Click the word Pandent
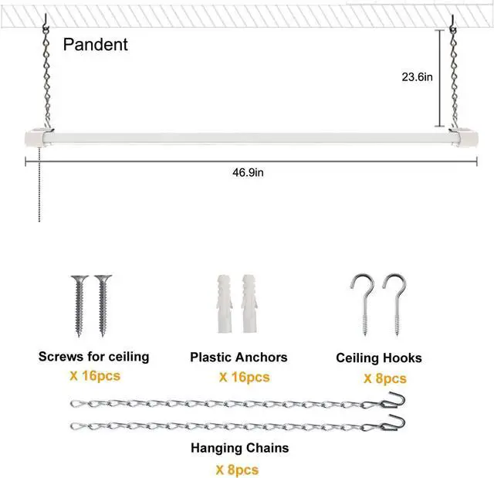(95, 45)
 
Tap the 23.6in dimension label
(417, 76)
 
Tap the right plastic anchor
(250, 302)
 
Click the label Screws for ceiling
(93, 357)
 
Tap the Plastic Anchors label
(239, 357)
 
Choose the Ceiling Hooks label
(378, 358)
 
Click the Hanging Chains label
(240, 447)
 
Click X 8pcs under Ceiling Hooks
(384, 378)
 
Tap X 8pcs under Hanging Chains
(237, 469)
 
